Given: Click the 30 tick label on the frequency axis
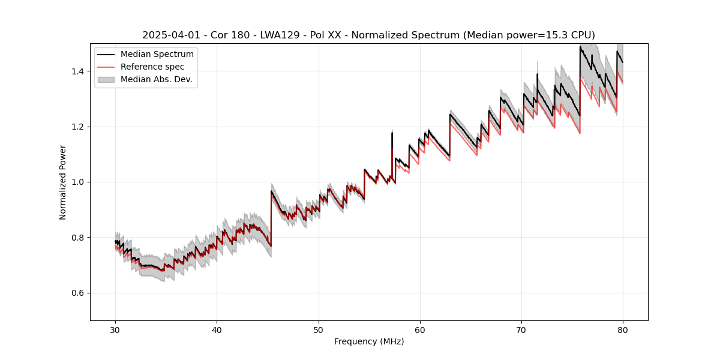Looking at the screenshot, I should [115, 329].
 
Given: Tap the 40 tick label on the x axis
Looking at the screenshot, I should [217, 329].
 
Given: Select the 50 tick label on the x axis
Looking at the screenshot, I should [318, 329].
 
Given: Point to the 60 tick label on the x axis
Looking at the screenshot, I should [420, 329].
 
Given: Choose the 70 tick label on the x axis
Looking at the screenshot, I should [521, 329].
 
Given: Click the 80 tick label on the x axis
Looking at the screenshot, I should [623, 329].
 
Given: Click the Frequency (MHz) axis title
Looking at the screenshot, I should [369, 341].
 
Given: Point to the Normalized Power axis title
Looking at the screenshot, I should [63, 182].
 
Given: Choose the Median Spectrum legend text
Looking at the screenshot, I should [157, 55].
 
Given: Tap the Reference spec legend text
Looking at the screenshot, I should [152, 67].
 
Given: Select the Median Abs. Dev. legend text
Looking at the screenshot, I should [157, 79].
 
